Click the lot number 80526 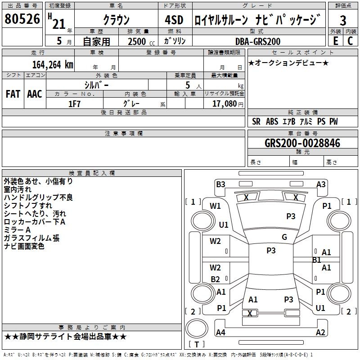(x=22, y=19)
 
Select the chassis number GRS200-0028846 (x=302, y=143)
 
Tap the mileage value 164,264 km (x=53, y=64)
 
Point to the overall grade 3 (x=343, y=20)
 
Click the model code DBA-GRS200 (x=258, y=41)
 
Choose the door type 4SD (x=174, y=20)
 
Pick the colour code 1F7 (x=74, y=104)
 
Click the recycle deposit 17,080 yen (x=228, y=104)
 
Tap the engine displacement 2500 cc (x=141, y=41)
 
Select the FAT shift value (x=13, y=94)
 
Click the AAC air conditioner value (x=35, y=94)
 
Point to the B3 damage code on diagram (x=220, y=184)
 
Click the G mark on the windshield (x=284, y=237)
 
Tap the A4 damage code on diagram (x=220, y=332)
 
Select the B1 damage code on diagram (x=317, y=260)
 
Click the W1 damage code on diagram (x=215, y=206)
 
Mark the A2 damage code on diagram (x=320, y=332)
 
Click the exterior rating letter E (x=336, y=41)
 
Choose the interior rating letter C (x=350, y=41)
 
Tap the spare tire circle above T (x=197, y=328)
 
